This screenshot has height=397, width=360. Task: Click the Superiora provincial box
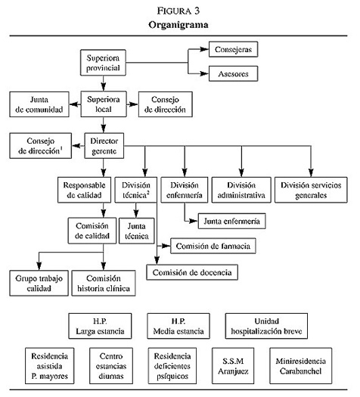(103, 63)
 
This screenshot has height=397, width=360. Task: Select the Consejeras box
(233, 49)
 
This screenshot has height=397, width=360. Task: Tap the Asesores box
(233, 73)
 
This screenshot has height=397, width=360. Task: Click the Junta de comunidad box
(39, 104)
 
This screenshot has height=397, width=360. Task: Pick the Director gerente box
(104, 146)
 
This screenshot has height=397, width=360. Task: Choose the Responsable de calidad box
(84, 190)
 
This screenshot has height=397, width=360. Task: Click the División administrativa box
(241, 190)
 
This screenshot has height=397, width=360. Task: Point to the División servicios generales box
(311, 190)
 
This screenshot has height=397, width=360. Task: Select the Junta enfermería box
(231, 221)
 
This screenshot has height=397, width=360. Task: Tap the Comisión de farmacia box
(213, 246)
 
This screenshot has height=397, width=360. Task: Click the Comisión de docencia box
(192, 272)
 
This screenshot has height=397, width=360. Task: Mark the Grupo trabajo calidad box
(39, 283)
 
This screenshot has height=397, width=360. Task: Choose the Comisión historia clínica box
(104, 283)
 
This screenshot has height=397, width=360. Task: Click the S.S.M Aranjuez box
(233, 366)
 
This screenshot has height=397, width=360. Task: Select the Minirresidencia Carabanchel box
(300, 366)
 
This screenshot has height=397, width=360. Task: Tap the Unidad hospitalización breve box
(266, 326)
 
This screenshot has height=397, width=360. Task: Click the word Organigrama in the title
(178, 25)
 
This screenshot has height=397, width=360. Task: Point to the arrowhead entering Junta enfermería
(194, 221)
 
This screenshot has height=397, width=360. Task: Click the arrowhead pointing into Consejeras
(204, 49)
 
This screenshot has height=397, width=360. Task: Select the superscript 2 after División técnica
(148, 192)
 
